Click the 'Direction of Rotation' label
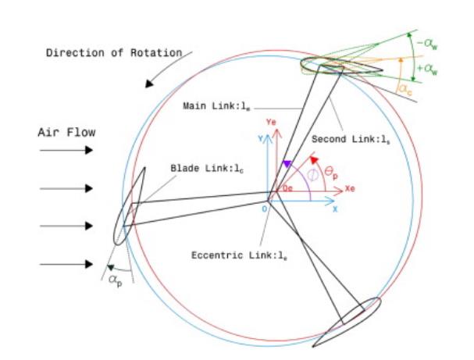pyautogui.click(x=114, y=53)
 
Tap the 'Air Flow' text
pyautogui.click(x=66, y=133)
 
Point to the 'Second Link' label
pyautogui.click(x=344, y=139)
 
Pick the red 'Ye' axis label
pyautogui.click(x=272, y=123)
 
